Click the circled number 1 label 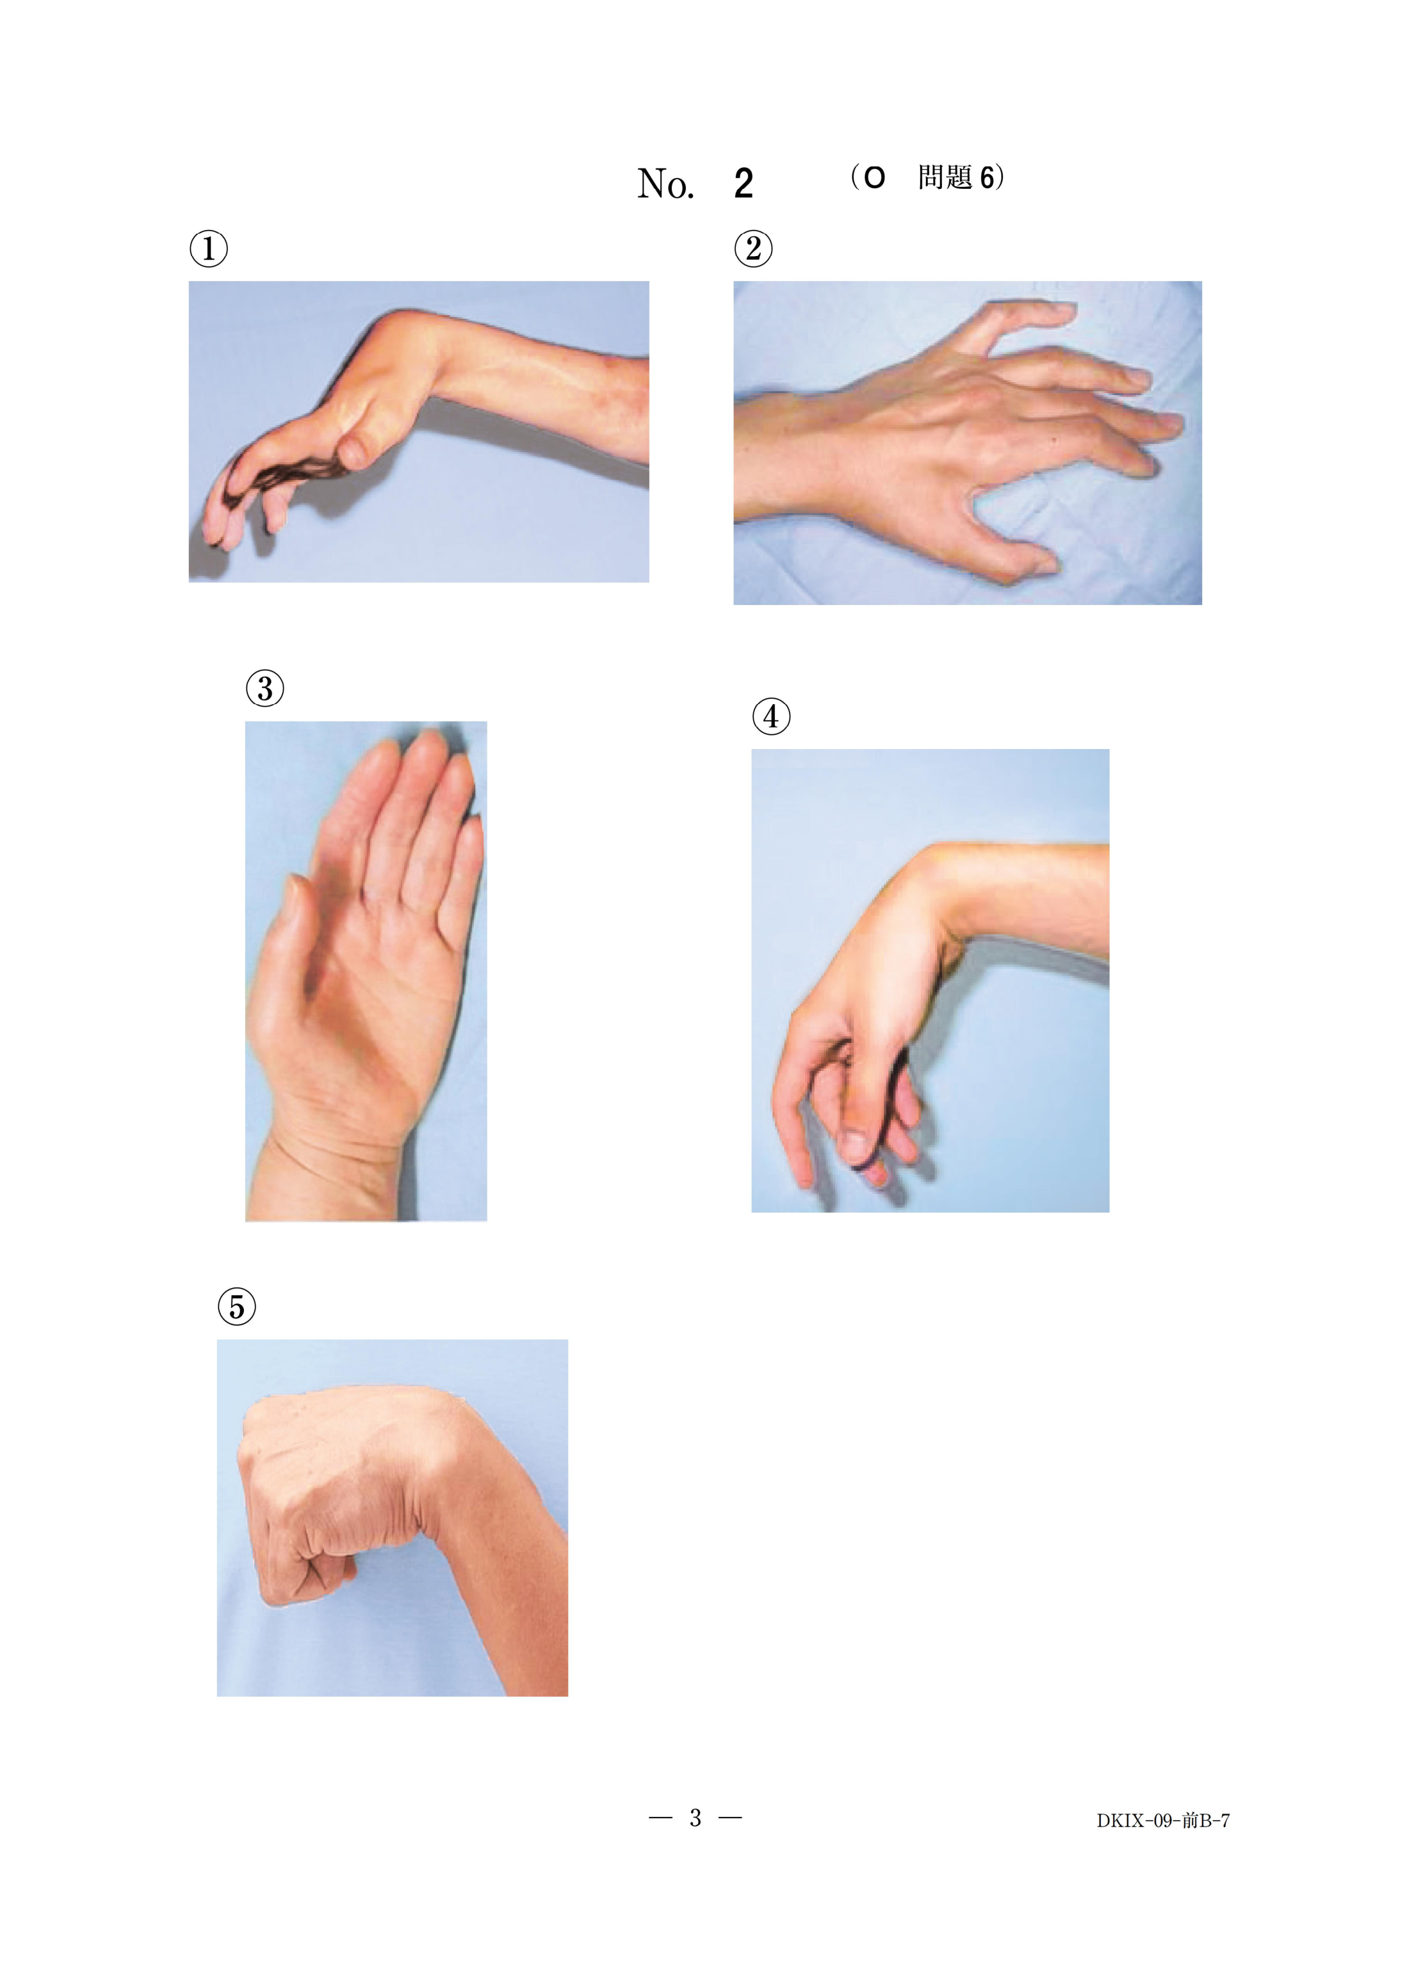click(209, 248)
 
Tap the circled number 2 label click(754, 248)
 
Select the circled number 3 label click(265, 689)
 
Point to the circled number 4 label click(771, 716)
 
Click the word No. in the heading click(665, 184)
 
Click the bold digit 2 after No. click(744, 184)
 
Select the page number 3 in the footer click(695, 1818)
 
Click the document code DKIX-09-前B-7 click(1163, 1821)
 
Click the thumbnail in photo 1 click(354, 451)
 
